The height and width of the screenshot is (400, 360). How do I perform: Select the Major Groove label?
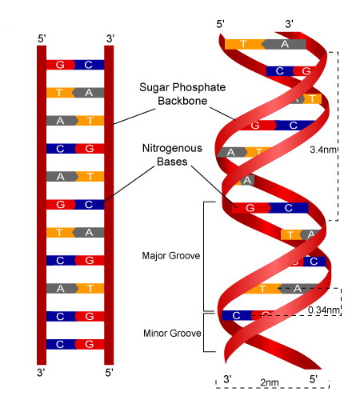[x=170, y=256]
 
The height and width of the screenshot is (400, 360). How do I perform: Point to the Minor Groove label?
[x=170, y=332]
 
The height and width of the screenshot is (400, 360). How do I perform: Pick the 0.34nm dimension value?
[x=325, y=309]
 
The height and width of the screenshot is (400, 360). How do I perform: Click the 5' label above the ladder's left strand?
[x=42, y=38]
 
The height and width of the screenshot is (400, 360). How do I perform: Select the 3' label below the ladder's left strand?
[x=42, y=373]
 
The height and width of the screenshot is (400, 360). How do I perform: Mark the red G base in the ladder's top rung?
[x=60, y=65]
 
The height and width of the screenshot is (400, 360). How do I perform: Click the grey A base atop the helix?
[x=285, y=44]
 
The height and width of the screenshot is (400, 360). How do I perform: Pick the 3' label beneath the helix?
[x=228, y=378]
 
